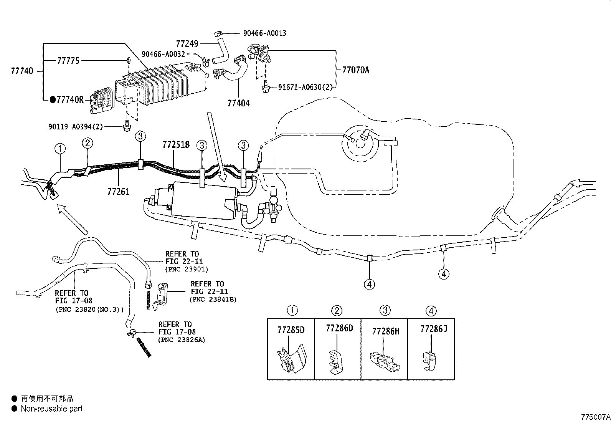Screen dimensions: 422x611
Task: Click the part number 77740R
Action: [70, 100]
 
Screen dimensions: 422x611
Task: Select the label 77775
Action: [68, 61]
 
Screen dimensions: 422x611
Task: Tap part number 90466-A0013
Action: [264, 33]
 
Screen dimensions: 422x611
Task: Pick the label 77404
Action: [238, 103]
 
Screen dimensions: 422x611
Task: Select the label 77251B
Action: [176, 145]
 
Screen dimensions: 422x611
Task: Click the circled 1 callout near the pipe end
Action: [60, 148]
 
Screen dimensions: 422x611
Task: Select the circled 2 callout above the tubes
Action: [88, 143]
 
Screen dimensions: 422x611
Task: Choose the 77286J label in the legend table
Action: [433, 329]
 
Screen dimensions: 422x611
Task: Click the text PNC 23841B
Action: [213, 300]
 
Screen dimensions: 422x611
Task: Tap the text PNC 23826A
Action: [181, 340]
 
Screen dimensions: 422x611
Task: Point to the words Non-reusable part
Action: [51, 409]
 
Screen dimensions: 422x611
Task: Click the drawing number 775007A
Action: [595, 417]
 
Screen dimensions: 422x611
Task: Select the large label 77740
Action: [22, 71]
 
